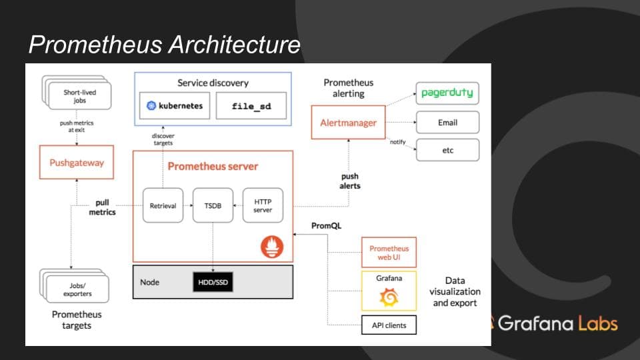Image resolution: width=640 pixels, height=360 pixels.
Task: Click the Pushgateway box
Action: (77, 163)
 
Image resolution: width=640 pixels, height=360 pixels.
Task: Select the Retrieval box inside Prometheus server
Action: (163, 205)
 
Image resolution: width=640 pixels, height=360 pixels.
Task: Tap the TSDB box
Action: (213, 205)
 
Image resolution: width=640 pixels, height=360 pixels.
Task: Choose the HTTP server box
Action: (263, 205)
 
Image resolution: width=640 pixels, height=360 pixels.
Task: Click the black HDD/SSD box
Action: (213, 282)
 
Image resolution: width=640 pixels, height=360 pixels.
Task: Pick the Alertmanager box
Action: (349, 123)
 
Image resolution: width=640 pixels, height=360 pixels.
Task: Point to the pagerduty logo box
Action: (447, 94)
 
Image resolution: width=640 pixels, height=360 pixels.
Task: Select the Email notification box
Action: (447, 123)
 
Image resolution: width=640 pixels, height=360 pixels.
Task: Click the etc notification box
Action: (447, 150)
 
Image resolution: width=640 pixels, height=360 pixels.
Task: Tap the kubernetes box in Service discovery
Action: (175, 106)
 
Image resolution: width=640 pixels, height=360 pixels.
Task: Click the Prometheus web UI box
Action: (389, 253)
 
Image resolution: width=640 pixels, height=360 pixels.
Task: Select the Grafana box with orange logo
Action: (389, 291)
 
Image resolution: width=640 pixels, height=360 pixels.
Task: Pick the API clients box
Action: (389, 325)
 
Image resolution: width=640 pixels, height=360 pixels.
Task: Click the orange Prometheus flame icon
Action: (271, 247)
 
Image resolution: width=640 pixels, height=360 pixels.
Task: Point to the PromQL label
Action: (326, 225)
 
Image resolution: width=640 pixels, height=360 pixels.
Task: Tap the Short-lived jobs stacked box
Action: (78, 95)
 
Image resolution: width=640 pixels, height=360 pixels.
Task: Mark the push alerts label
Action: (350, 181)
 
